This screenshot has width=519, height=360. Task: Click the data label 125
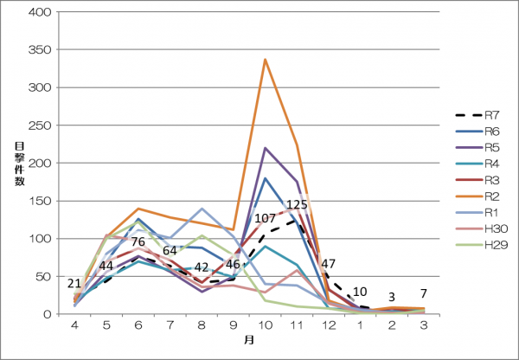297,205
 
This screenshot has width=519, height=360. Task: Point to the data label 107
264,218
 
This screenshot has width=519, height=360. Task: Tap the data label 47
328,263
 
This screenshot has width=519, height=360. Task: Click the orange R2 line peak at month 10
264,59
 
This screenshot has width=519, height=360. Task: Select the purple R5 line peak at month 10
264,148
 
